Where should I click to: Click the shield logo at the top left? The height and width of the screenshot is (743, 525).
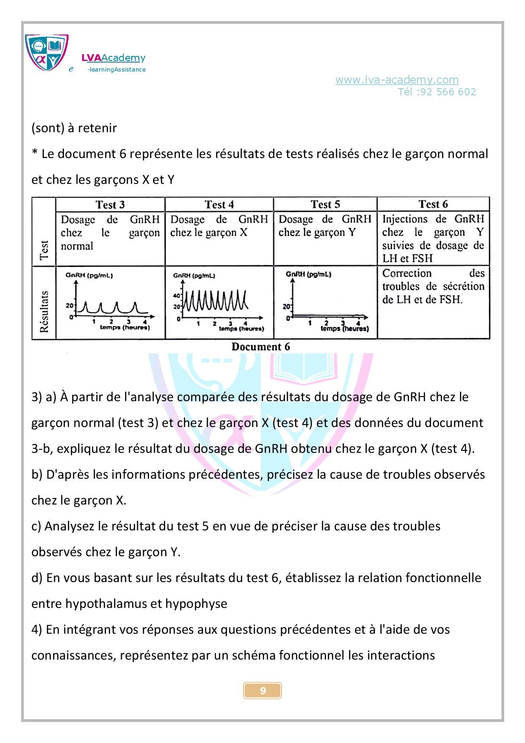pyautogui.click(x=47, y=53)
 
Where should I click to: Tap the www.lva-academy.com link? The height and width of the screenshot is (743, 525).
pyautogui.click(x=397, y=80)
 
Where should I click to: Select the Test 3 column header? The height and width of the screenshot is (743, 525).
pyautogui.click(x=110, y=205)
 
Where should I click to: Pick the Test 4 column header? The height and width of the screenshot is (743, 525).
pyautogui.click(x=219, y=205)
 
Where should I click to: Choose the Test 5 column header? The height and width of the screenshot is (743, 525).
pyautogui.click(x=325, y=204)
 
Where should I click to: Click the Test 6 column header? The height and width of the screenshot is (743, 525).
pyautogui.click(x=433, y=204)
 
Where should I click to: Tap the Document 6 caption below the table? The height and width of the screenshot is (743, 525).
pyautogui.click(x=261, y=347)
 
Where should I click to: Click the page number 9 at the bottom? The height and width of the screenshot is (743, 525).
pyautogui.click(x=262, y=691)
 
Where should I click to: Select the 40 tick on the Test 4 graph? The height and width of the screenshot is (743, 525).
pyautogui.click(x=177, y=296)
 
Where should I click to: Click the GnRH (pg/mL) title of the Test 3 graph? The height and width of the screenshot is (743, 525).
pyautogui.click(x=89, y=275)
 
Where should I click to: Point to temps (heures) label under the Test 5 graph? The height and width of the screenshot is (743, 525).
pyautogui.click(x=345, y=329)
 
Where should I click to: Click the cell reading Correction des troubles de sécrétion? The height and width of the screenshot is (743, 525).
pyautogui.click(x=433, y=286)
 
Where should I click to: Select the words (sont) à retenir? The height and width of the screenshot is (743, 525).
pyautogui.click(x=74, y=128)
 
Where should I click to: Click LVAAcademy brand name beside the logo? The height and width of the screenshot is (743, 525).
pyautogui.click(x=113, y=58)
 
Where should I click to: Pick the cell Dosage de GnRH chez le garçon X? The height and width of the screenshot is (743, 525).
pyautogui.click(x=219, y=226)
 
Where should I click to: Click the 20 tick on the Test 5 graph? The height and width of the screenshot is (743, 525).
pyautogui.click(x=286, y=306)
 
